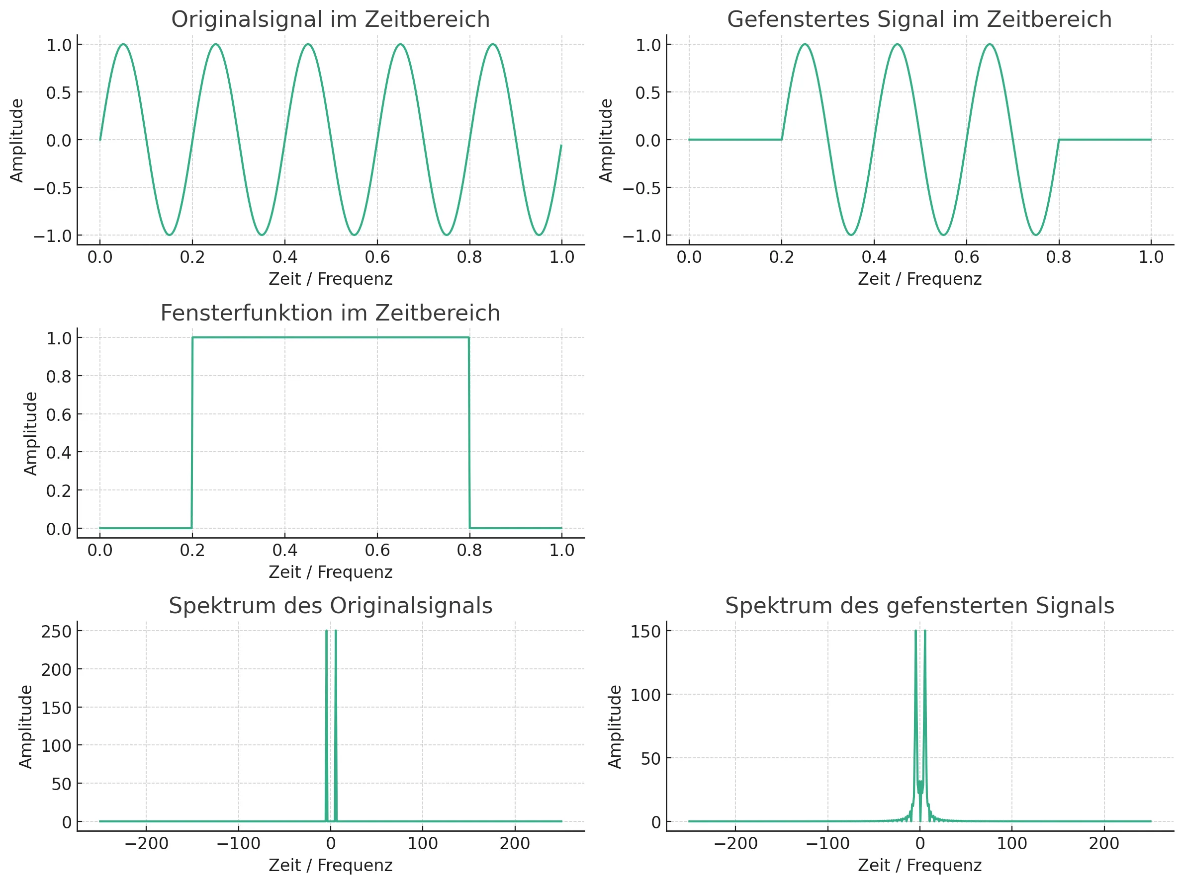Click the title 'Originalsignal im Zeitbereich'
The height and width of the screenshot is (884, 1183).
pos(330,20)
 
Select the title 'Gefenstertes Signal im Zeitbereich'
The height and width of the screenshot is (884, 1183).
pos(919,20)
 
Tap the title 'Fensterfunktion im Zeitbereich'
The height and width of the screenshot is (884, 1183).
pos(330,313)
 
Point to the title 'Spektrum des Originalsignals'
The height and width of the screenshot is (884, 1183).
pos(330,606)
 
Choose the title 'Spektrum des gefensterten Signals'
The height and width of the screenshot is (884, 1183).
pos(919,606)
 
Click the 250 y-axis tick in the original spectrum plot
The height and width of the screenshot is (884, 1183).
pos(56,631)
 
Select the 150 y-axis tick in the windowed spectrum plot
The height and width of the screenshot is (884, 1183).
pos(645,631)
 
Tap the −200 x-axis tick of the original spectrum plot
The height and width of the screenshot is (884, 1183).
pos(146,843)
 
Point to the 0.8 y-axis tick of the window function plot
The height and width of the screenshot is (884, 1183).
pos(59,376)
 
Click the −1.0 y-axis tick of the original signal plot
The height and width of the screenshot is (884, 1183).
pos(52,236)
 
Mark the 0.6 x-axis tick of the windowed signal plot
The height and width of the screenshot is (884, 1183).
pos(966,257)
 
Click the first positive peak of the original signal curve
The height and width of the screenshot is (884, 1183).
pos(123,44)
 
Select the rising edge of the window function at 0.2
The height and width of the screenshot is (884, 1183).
pos(192,433)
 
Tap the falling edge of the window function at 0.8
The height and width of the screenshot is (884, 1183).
pos(469,433)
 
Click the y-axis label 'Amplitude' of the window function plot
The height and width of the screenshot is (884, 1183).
pos(30,433)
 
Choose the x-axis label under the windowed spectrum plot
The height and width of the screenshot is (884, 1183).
pos(919,865)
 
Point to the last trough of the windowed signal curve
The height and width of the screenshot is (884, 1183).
pos(1036,235)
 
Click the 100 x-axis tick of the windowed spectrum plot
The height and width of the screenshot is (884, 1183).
pos(1012,843)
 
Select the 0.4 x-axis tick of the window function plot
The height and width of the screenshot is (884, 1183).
pos(284,550)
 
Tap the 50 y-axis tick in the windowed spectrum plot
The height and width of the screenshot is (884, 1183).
pos(651,758)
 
